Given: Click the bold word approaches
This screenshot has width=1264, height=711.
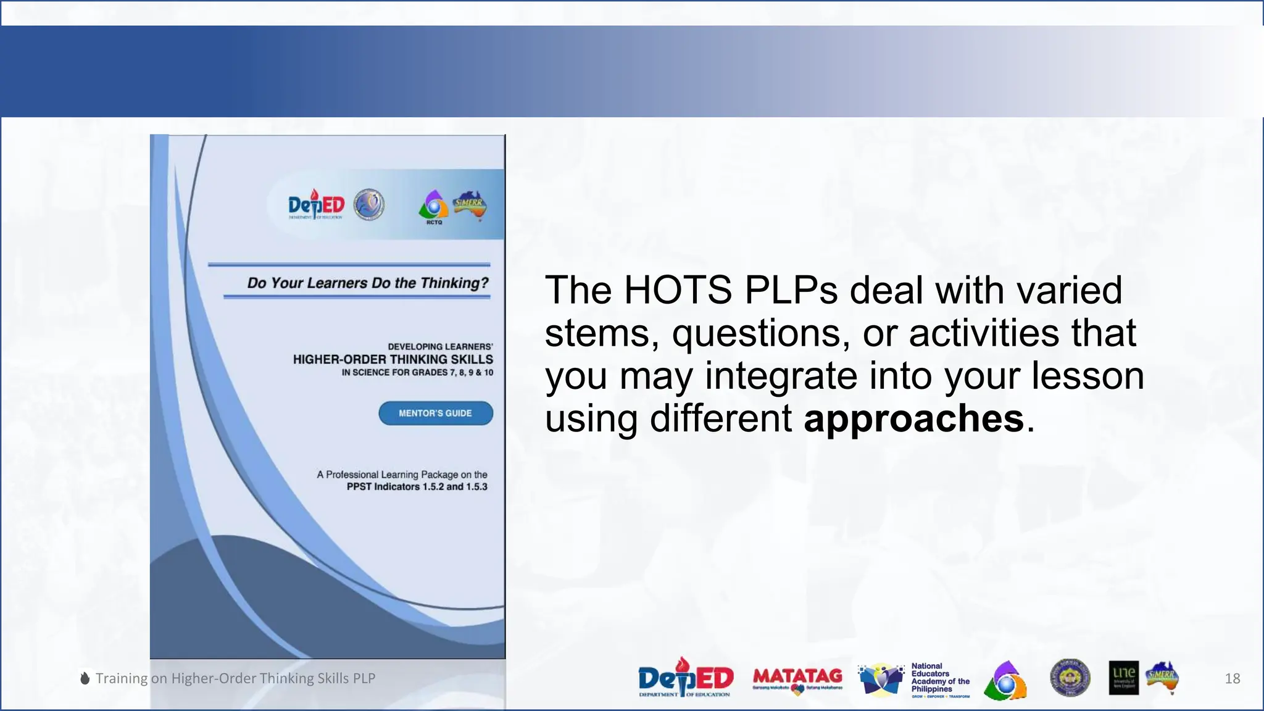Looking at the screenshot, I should (913, 419).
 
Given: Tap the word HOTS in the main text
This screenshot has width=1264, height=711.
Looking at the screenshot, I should (677, 289).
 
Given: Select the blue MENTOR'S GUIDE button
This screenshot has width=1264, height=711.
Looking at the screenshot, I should (436, 413).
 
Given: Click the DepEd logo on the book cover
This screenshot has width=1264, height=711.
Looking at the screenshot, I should (316, 205).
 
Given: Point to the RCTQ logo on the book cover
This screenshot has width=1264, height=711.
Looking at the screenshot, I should (434, 207).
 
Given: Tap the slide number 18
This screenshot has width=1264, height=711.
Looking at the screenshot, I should (1232, 678).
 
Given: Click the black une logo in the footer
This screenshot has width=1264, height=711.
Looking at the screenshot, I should (1123, 678).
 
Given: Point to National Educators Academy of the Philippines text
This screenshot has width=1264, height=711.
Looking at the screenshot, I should (940, 678).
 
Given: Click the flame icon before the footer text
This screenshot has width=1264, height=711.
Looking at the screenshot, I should (85, 678).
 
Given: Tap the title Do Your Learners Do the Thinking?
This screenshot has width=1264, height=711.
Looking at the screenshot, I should (367, 283).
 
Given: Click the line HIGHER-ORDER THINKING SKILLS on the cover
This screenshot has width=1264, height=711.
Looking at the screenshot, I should (393, 359).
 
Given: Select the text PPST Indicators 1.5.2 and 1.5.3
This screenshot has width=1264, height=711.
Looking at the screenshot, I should (417, 486).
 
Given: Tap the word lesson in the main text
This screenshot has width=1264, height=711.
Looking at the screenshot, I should (1087, 376).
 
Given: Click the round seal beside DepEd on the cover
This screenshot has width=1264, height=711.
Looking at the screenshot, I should (369, 205).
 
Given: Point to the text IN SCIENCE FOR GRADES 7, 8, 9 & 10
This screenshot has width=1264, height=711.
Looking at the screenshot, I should (417, 372).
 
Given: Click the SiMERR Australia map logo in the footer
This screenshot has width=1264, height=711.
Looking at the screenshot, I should (1162, 678).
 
